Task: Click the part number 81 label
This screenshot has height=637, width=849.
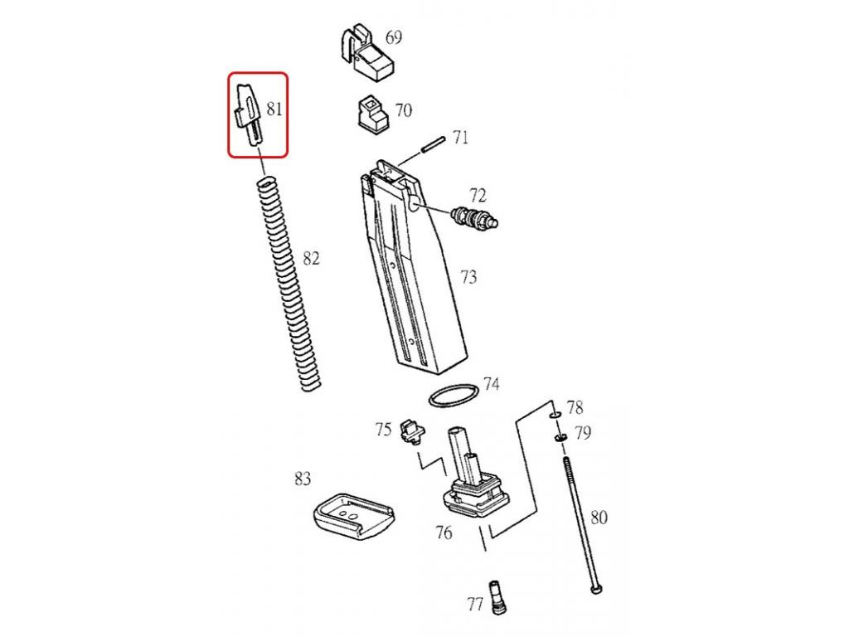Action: pyautogui.click(x=274, y=109)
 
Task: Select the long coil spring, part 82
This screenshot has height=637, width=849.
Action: pyautogui.click(x=288, y=283)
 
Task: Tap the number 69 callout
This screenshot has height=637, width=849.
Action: pyautogui.click(x=394, y=37)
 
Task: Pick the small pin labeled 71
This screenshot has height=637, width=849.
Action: pyautogui.click(x=434, y=144)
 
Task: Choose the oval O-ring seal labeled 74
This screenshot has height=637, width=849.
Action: pyautogui.click(x=454, y=396)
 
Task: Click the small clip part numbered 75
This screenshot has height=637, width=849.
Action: pyautogui.click(x=412, y=432)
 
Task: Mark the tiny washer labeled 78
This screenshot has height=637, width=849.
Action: pyautogui.click(x=555, y=415)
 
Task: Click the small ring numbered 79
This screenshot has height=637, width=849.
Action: pyautogui.click(x=560, y=436)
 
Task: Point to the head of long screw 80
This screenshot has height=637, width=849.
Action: pyautogui.click(x=595, y=590)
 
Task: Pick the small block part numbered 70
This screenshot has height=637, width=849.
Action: pyautogui.click(x=373, y=114)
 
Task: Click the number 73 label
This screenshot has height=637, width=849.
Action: pyautogui.click(x=469, y=277)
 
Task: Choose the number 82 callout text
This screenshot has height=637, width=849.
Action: pyautogui.click(x=311, y=259)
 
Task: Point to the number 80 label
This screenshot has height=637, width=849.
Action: pyautogui.click(x=599, y=518)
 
